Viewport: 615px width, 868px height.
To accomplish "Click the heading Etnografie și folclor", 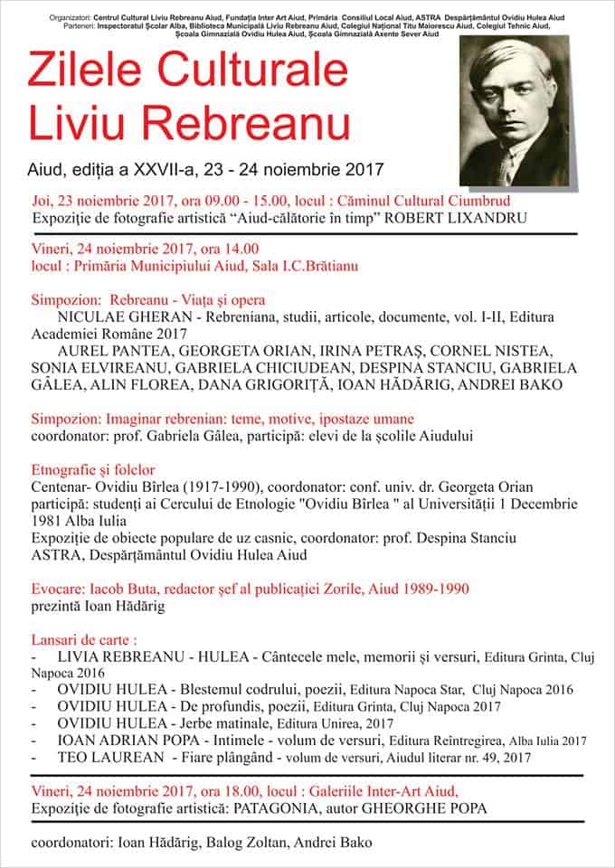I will click(93, 469).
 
